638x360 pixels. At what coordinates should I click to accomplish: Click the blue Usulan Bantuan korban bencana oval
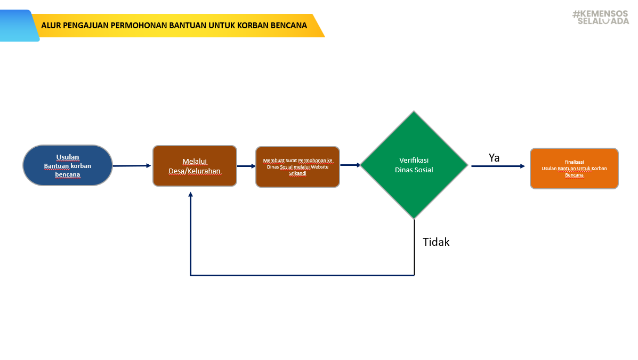coord(68,165)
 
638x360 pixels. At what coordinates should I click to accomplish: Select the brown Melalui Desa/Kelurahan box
coord(195,166)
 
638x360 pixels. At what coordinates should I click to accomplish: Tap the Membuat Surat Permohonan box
coord(297,166)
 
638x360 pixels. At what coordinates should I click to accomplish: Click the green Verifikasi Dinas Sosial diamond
coord(414,165)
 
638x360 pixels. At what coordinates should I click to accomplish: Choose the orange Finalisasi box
coord(574,169)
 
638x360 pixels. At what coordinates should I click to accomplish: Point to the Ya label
coord(494,158)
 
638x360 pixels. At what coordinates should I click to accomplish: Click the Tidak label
coord(436,242)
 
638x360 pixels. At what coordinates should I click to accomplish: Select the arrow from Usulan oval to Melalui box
coord(132,166)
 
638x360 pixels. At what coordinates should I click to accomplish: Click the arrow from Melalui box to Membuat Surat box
coord(246,166)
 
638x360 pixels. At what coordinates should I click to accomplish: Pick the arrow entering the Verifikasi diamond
coord(350,165)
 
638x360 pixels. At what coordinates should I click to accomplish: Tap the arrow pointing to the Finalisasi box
coord(498,166)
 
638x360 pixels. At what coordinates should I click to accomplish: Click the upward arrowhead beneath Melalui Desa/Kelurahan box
coord(190,195)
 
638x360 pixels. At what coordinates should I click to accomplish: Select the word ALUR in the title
coord(51,25)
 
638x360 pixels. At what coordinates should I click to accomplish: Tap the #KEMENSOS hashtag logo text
coord(601,14)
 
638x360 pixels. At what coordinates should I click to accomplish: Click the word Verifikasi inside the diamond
coord(414,160)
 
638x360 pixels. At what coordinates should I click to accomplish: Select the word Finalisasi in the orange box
coord(574,162)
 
